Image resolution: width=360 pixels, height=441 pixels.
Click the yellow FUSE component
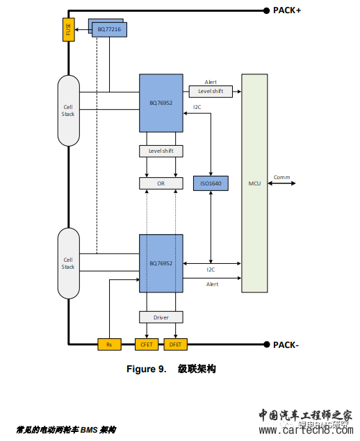[x=68, y=30]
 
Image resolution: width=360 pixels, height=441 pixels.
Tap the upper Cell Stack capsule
[x=68, y=110]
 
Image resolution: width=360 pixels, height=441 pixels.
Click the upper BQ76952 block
[x=161, y=102]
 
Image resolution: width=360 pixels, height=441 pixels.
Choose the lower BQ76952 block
[x=161, y=264]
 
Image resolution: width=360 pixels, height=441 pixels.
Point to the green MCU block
[x=254, y=183]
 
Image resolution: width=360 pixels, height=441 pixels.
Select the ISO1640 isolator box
[x=210, y=183]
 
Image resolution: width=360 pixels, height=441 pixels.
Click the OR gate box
[x=161, y=183]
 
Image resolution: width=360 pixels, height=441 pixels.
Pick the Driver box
[x=161, y=317]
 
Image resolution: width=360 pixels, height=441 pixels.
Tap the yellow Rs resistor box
[x=110, y=344]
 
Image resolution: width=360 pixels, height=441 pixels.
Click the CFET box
[x=147, y=344]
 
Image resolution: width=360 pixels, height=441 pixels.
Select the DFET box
[x=177, y=344]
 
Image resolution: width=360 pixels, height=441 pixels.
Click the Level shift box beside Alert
[x=211, y=92]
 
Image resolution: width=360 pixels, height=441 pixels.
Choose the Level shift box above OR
[x=161, y=151]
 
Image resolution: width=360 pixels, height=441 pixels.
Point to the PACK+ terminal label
[x=288, y=10]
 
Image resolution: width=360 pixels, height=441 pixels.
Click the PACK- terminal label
[x=286, y=344]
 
